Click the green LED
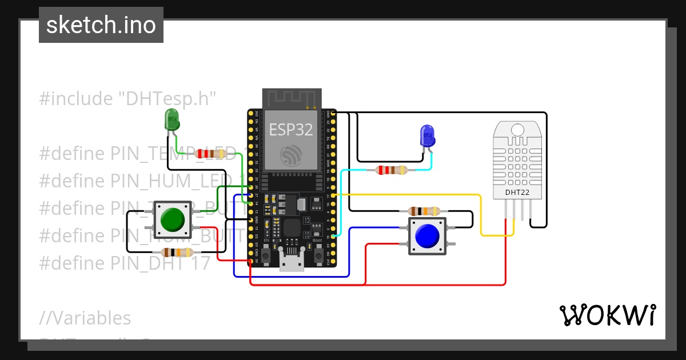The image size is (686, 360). click(171, 121)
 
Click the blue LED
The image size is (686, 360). click(427, 135)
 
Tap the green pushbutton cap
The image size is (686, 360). click(172, 219)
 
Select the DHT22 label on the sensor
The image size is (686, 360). click(517, 193)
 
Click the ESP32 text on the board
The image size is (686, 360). click(291, 130)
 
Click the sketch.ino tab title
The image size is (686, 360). click(101, 25)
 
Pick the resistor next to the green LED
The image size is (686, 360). click(210, 154)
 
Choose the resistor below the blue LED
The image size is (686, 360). click(392, 170)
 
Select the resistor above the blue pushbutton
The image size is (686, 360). click(424, 211)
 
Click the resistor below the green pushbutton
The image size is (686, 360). click(177, 253)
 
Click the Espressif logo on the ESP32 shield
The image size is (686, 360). click(292, 155)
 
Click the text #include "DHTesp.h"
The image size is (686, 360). click(127, 99)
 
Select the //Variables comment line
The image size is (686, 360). click(85, 318)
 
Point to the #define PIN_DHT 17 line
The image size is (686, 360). click(125, 263)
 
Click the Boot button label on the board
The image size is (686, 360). click(317, 241)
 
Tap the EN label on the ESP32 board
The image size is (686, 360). click(266, 241)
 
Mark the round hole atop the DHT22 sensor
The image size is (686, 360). click(517, 129)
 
